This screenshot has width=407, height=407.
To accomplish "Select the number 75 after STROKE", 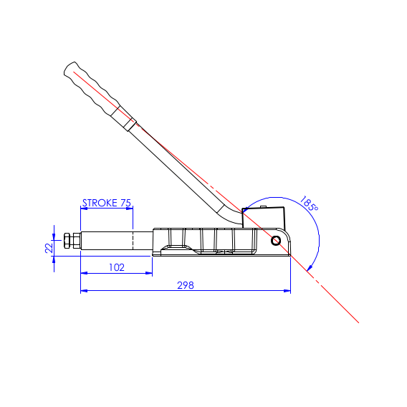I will click(x=125, y=203).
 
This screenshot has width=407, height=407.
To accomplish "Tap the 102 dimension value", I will click(x=116, y=267).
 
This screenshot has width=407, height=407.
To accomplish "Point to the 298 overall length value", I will click(x=186, y=285).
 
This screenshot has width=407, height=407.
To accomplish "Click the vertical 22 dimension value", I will click(x=49, y=247).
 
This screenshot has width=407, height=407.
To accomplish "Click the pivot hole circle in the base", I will click(x=276, y=241).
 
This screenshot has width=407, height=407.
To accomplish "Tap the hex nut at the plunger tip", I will click(x=70, y=241).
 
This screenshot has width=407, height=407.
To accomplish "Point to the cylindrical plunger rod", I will click(x=107, y=241).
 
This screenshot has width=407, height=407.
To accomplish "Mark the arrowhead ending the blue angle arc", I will click(x=308, y=268).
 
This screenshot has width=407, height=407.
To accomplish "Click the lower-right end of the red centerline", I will click(x=358, y=322).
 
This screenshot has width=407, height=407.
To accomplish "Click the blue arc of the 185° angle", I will click(x=316, y=229).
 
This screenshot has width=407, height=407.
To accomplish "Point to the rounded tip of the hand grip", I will click(x=67, y=69).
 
